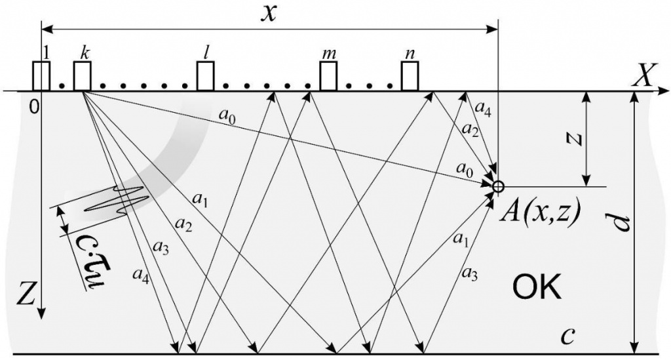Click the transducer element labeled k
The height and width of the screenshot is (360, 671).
point(82,76)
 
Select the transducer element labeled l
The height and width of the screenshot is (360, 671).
point(206,76)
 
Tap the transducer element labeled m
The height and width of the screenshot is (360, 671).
point(328,76)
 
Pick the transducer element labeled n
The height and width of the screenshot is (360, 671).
point(410,76)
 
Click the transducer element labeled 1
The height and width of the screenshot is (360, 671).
point(41,76)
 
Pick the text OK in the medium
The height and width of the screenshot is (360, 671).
point(537,289)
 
